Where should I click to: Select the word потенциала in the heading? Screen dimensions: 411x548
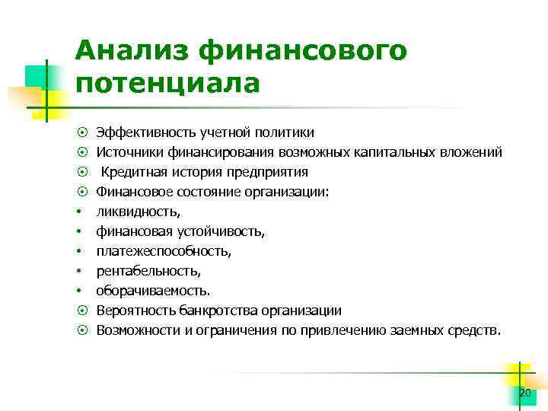168,82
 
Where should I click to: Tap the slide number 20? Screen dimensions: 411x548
524,393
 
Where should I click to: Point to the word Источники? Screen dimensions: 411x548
126,152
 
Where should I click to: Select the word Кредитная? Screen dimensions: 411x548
132,172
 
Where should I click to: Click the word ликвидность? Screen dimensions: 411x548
132,212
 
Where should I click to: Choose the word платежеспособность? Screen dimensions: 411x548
163,251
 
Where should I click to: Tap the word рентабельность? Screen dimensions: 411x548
148,271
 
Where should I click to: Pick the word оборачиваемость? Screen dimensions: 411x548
153,291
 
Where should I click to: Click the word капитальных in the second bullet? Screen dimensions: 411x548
397,152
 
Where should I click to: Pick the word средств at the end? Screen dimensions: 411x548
475,330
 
